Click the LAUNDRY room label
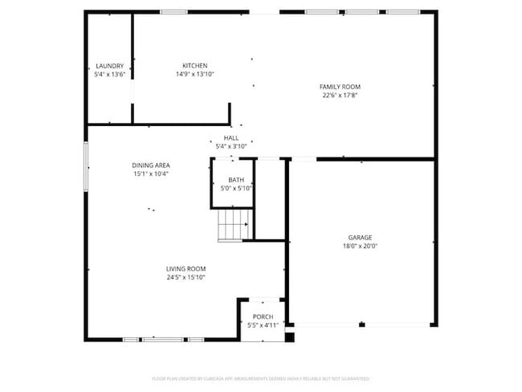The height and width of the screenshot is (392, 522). point(109,66)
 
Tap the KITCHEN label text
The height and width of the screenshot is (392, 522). point(194,66)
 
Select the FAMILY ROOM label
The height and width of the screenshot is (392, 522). point(340,87)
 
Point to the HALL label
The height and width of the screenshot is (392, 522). point(230,138)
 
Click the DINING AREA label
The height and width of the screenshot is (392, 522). point(150,165)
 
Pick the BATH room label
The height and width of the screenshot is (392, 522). point(236,180)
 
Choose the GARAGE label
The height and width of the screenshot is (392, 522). point(360,238)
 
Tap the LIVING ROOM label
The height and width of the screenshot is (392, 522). point(186,269)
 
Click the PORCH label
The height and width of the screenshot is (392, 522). point(263,317)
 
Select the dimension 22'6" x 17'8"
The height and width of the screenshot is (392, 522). point(340,95)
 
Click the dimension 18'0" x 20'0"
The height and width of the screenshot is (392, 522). point(360,247)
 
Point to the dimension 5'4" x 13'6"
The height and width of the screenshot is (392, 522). point(109,74)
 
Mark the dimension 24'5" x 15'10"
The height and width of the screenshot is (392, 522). point(186,278)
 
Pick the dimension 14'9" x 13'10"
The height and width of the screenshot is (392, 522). point(194,74)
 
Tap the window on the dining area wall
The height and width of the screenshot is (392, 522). point(87,166)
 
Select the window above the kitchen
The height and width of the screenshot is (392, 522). point(173,12)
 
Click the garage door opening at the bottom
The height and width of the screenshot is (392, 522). point(362,325)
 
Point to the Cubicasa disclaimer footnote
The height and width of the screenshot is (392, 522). point(260,378)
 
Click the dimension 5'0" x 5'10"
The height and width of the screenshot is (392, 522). point(236,188)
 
